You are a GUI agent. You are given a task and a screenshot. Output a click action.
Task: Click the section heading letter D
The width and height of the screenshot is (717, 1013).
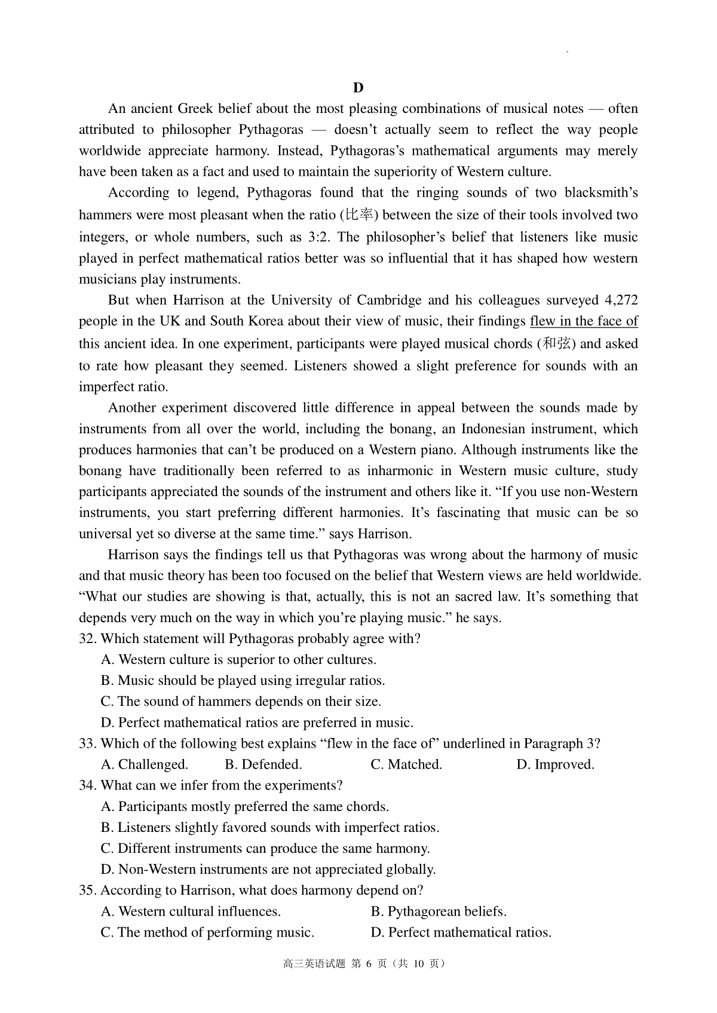pos(358,88)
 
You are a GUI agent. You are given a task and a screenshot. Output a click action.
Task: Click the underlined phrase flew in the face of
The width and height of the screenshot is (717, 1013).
pos(584,322)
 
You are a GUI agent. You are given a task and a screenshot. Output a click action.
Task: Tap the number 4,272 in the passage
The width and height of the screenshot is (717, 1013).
pos(621,300)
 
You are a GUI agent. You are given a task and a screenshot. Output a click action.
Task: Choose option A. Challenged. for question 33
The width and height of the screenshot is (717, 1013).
pos(145,764)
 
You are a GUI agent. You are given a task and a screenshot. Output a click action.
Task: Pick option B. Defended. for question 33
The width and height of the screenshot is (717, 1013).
pos(263,764)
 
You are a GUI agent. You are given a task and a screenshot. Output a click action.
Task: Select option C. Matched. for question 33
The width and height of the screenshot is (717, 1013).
pos(406,764)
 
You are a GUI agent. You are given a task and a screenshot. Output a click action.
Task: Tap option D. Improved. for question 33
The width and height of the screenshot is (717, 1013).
pos(555,764)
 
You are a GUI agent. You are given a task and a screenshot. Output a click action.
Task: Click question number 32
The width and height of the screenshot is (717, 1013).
pos(88,639)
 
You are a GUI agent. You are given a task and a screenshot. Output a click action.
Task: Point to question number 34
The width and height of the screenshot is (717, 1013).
pos(88,785)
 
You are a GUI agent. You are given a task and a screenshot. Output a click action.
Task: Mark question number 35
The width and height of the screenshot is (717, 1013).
pos(88,890)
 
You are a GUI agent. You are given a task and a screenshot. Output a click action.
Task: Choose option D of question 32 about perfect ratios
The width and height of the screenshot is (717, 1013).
pos(257,723)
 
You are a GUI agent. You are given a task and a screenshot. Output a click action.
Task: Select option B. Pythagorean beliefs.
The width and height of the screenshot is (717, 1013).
pos(439,911)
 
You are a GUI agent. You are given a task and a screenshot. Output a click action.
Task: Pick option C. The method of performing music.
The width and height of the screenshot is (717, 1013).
pos(207,932)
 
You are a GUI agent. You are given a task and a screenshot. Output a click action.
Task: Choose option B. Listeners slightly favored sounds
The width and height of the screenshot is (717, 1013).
pos(270,828)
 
